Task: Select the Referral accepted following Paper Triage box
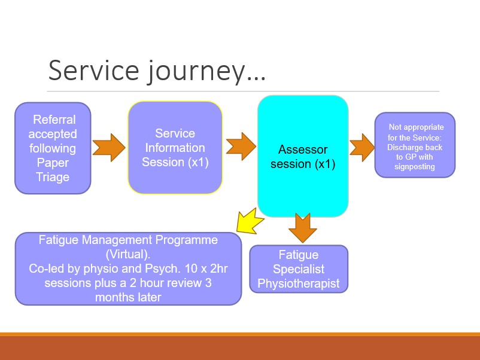pyautogui.click(x=53, y=148)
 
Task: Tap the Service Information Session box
pyautogui.click(x=175, y=148)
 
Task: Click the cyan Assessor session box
pyautogui.click(x=303, y=155)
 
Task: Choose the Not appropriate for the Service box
pyautogui.click(x=415, y=145)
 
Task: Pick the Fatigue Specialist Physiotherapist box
pyautogui.click(x=298, y=269)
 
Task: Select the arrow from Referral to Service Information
pyautogui.click(x=109, y=147)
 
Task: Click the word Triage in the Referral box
pyautogui.click(x=53, y=177)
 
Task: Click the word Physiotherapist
pyautogui.click(x=298, y=283)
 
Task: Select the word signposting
pyautogui.click(x=415, y=167)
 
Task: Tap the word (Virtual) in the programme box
pyautogui.click(x=128, y=254)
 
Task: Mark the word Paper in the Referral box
pyautogui.click(x=53, y=163)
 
